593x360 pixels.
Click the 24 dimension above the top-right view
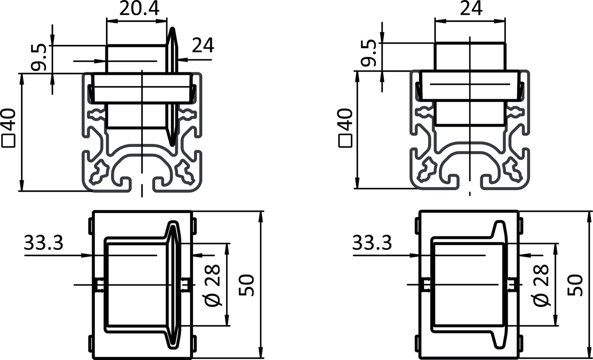(x=471, y=9)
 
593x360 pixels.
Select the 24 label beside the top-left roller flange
(x=203, y=46)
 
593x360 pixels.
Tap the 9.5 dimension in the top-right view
(x=369, y=54)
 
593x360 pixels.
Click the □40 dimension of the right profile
(x=345, y=128)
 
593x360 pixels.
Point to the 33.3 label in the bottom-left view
(x=44, y=243)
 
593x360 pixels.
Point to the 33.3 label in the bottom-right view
(x=372, y=243)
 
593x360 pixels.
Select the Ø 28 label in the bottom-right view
(x=541, y=285)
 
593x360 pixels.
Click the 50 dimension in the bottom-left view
(x=246, y=285)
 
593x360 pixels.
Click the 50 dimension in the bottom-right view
(x=575, y=285)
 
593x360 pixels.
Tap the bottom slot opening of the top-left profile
(x=142, y=185)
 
